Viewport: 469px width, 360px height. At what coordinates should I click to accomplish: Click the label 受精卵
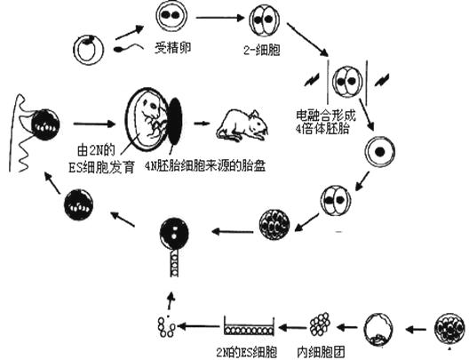tap(173, 48)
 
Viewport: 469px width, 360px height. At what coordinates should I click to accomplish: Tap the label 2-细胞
tap(262, 50)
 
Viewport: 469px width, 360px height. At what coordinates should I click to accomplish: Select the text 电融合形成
tap(326, 115)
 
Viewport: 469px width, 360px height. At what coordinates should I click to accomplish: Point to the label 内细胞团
tap(322, 352)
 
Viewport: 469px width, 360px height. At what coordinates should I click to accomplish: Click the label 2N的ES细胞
tap(247, 352)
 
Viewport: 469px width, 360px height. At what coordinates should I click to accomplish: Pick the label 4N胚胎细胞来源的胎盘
tap(205, 166)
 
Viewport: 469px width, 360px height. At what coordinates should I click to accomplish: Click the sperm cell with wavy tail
tap(129, 48)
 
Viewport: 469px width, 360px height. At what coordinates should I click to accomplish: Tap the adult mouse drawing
tap(242, 125)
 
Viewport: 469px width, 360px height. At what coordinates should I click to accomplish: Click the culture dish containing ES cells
tap(249, 326)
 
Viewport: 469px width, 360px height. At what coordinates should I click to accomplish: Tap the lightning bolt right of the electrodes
tap(383, 79)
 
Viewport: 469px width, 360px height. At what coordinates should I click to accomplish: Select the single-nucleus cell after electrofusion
tap(380, 152)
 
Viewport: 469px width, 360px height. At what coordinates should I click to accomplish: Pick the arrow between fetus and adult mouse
tap(201, 123)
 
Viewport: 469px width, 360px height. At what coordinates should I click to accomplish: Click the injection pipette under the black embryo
tap(174, 263)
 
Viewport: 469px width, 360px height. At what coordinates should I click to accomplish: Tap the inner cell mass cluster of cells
tap(320, 324)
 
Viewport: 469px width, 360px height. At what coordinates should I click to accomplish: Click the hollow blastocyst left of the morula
tap(378, 329)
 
